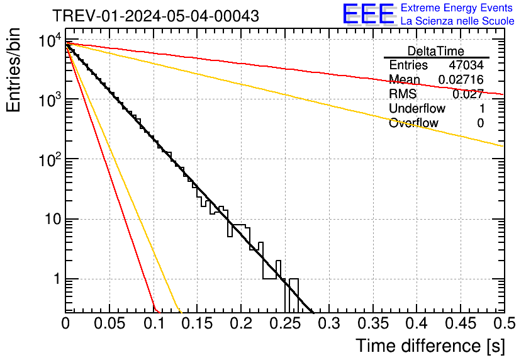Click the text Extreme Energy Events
[457, 8]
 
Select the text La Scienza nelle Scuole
[457, 21]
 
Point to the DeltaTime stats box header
[435, 51]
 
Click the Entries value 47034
[466, 65]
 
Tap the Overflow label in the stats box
[413, 123]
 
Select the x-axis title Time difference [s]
[429, 346]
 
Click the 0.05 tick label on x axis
[109, 323]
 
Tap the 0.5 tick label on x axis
[502, 323]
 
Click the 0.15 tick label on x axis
[197, 323]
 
